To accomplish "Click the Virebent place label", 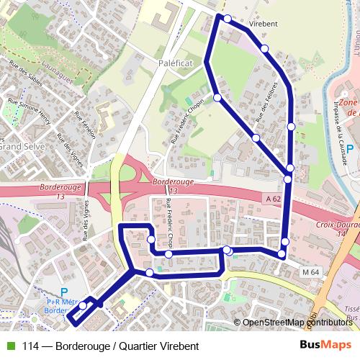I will point(263,23).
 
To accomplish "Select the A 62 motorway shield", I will point(272,199).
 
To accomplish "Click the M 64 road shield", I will point(311,271).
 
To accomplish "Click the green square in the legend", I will point(9,346).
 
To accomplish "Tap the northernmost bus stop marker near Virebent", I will point(228,19).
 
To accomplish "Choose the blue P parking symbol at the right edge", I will point(350,148).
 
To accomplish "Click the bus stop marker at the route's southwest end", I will point(83,306).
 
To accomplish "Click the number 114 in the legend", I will point(31,346).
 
